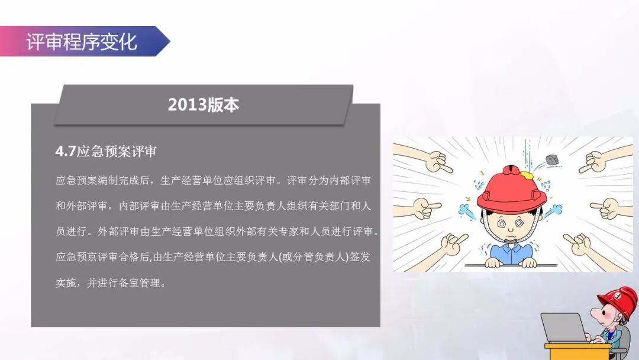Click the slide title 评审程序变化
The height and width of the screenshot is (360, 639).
pos(82,42)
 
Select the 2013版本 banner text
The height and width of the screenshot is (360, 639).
pos(204,105)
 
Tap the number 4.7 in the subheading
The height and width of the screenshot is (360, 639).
pos(65,152)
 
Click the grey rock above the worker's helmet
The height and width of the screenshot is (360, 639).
pos(553,159)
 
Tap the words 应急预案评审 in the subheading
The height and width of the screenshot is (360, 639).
pos(117,152)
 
